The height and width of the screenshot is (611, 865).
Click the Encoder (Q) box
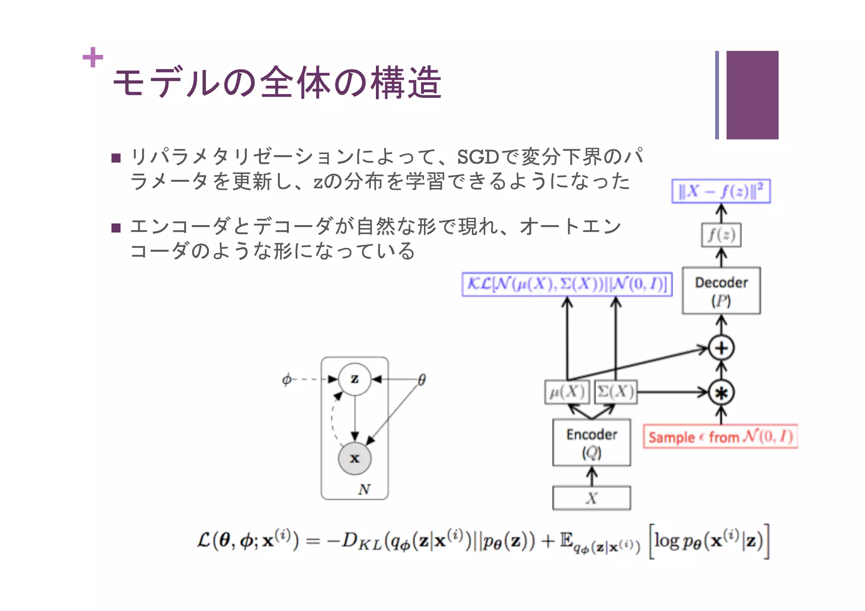591,443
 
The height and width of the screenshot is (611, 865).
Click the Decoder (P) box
721,291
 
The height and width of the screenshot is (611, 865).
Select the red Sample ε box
720,436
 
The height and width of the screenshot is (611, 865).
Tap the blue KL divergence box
567,284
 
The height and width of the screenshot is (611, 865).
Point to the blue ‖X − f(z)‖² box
721,191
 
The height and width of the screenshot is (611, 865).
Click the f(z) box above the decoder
721,235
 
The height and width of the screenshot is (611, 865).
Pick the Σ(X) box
616,392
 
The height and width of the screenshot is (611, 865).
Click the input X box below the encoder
591,498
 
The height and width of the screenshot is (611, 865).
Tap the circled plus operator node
721,348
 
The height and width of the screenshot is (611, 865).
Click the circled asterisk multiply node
721,393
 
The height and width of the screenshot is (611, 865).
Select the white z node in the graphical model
355,379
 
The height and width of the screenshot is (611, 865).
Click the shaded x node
355,458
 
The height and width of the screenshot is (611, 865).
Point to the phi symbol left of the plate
287,379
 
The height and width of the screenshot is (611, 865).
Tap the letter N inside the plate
364,489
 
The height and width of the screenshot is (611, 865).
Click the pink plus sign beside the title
93,57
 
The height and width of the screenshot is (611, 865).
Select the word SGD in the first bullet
478,157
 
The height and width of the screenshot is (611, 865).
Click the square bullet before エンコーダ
116,228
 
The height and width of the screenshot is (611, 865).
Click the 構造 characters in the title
406,83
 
